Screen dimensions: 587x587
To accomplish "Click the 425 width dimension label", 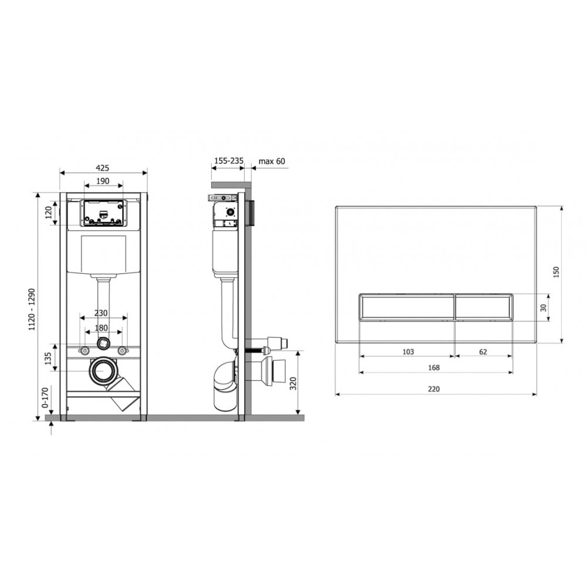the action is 103,168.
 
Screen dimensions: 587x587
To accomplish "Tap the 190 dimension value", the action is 103,181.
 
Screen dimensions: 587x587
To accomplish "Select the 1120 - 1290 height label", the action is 32,309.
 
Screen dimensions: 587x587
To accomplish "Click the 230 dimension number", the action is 101,313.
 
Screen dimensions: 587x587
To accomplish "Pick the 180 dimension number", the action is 101,328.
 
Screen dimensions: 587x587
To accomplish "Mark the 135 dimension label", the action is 48,359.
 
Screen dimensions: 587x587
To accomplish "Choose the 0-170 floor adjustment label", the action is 45,397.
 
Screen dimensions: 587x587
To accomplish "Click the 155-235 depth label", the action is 229,161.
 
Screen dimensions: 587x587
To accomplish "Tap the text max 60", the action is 272,161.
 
